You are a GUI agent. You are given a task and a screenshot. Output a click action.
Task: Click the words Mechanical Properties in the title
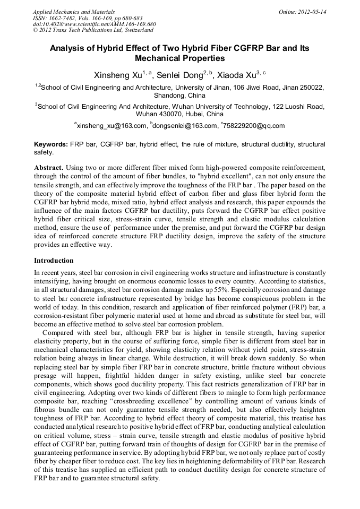[180, 58]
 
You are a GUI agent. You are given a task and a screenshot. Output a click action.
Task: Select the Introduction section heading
[54, 261]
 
